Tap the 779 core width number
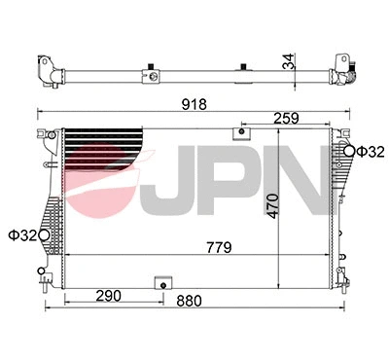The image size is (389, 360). click(219, 247)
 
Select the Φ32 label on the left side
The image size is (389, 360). click(21, 234)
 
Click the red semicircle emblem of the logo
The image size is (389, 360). click(107, 165)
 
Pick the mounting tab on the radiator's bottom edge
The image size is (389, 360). click(161, 283)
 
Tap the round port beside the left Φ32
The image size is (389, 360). click(46, 234)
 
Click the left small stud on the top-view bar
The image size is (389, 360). click(154, 69)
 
